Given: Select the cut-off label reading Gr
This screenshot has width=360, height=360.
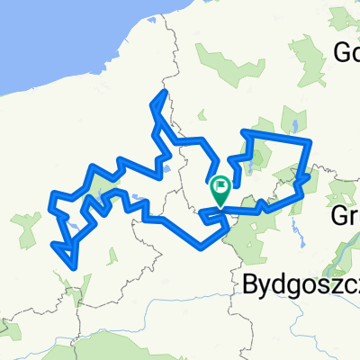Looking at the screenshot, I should click(346, 216).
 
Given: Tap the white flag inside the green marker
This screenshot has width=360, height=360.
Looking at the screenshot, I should click(220, 188).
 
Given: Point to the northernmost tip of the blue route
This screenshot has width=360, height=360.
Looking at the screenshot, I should click(164, 92).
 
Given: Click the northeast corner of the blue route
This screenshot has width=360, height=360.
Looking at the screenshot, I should click(310, 141).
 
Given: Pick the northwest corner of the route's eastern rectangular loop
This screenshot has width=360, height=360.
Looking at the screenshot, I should click(244, 133).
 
